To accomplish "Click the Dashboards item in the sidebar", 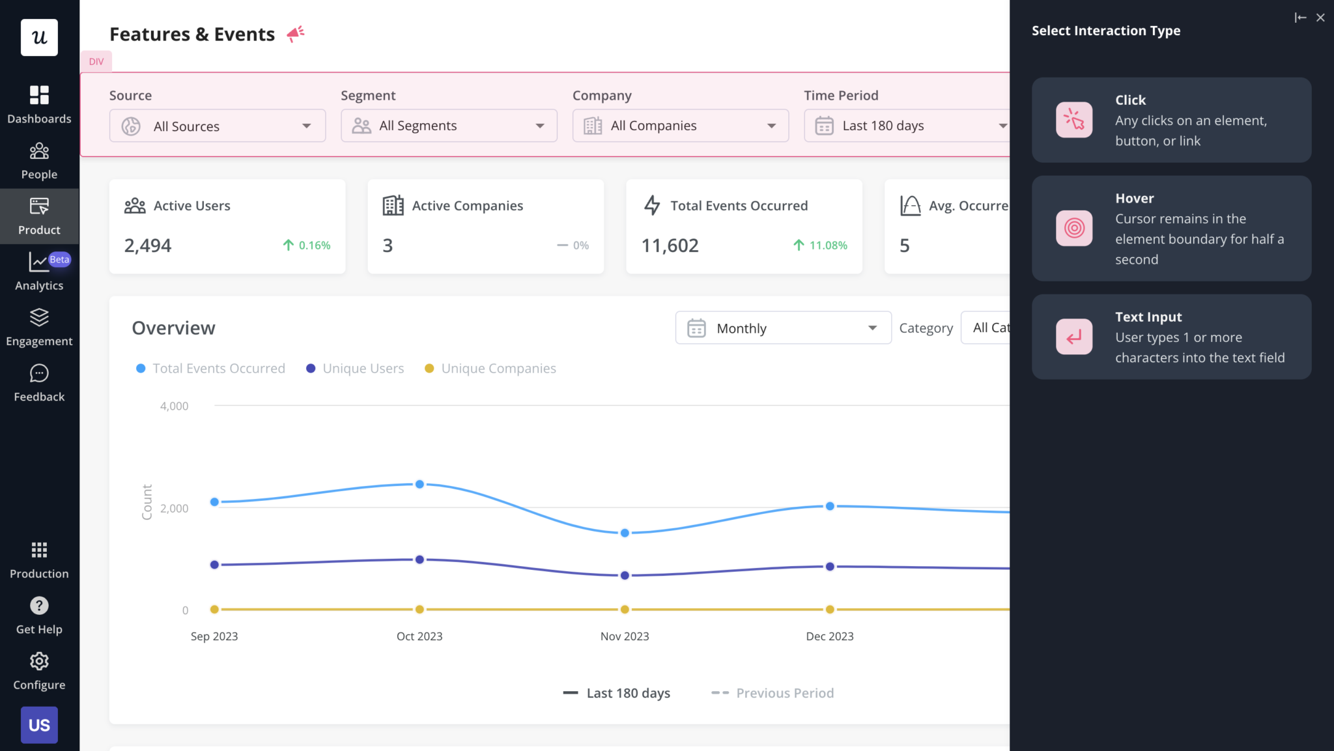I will coord(39,104).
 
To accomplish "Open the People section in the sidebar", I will coord(39,161).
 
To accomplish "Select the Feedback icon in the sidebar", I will coord(39,374).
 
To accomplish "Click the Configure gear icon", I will coord(39,662).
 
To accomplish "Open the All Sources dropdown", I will coord(217,126).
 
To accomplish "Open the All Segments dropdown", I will coord(449,126).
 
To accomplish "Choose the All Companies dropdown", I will coord(680,126).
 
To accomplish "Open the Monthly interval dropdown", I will coord(783,328).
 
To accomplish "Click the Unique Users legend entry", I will coord(363,369).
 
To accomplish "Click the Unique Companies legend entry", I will coord(498,369).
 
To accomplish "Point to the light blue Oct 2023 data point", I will coord(419,485).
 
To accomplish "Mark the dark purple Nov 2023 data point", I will coord(625,576).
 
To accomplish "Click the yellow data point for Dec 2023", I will coord(830,610).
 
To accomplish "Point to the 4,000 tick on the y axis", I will coord(175,406).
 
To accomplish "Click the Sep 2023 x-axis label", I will coord(214,636).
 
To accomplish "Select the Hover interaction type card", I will coord(1171,229).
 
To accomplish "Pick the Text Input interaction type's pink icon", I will coord(1074,337).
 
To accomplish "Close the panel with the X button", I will coord(1320,18).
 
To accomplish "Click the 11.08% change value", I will coord(827,246).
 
